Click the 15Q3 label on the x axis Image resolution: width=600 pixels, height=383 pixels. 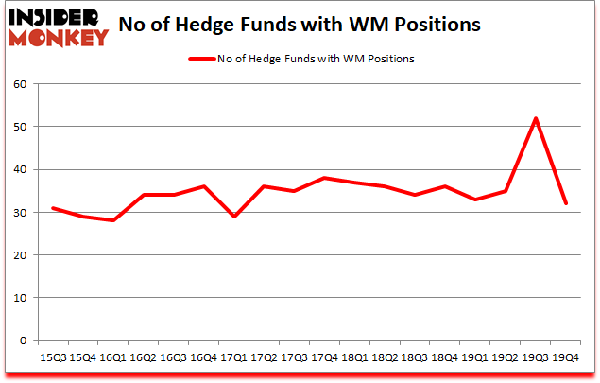pos(54,357)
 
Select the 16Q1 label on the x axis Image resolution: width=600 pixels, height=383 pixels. pos(113,357)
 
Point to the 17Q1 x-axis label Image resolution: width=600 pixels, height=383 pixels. pos(232,357)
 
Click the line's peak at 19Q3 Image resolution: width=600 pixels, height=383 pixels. pos(536,118)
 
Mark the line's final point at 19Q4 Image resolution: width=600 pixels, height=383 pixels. pos(566,203)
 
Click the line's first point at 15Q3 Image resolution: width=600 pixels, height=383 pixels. pos(54,208)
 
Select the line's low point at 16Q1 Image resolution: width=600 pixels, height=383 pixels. pos(114,220)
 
